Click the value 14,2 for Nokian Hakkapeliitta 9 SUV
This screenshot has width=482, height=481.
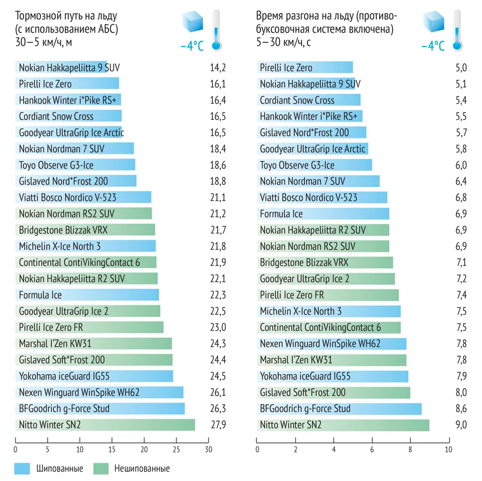(217, 68)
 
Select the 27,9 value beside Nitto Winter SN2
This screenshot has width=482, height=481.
(217, 425)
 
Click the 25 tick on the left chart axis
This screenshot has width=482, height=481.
(177, 449)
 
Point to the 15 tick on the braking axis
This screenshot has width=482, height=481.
(112, 449)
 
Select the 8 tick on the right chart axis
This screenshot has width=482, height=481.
(410, 449)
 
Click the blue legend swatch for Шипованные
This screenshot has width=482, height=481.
(22, 468)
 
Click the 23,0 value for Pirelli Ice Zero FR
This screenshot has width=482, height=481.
(217, 328)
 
